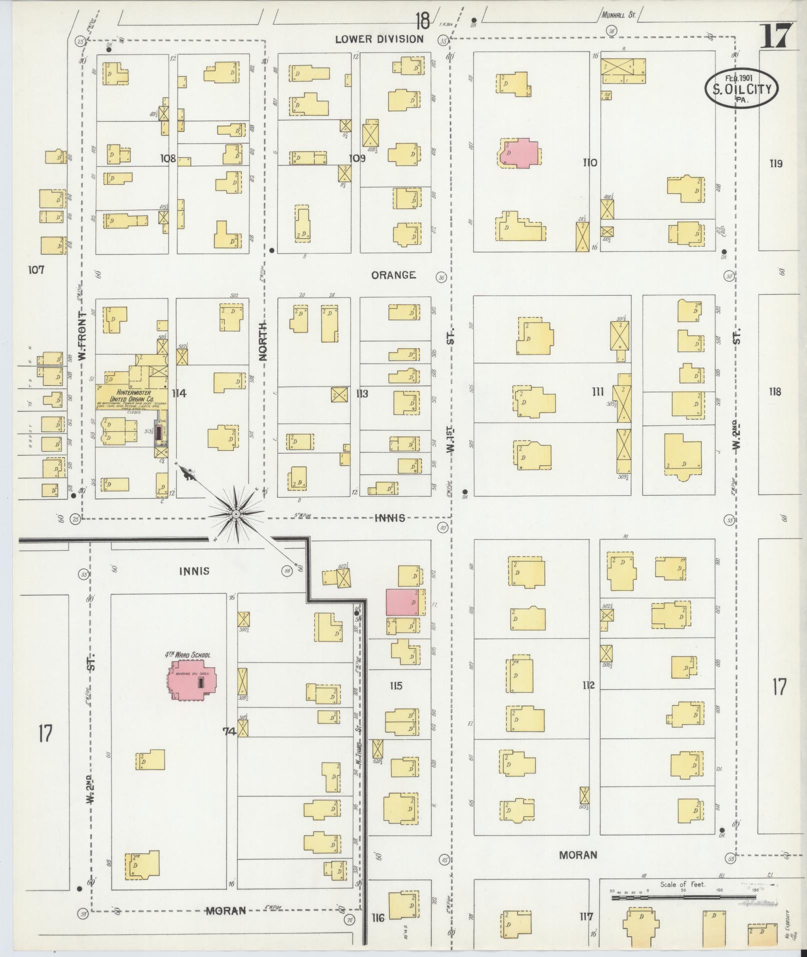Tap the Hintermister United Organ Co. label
[x=131, y=397]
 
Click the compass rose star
[x=235, y=514]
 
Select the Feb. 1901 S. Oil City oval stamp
[x=741, y=88]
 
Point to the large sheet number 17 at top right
[x=776, y=35]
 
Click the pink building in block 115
[x=402, y=602]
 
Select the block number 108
[x=168, y=159]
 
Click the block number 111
[x=598, y=392]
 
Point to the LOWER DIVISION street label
[x=379, y=39]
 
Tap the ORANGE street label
[x=394, y=275]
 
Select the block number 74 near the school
[x=229, y=731]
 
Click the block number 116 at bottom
[x=378, y=917]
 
